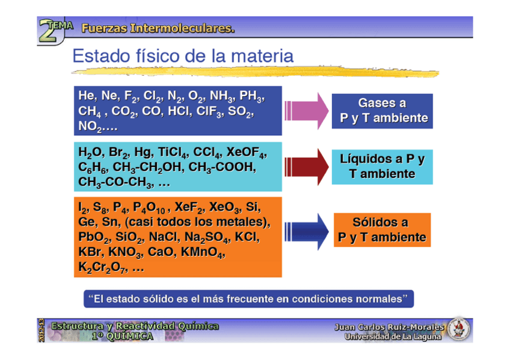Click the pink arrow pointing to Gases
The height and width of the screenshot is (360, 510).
307,110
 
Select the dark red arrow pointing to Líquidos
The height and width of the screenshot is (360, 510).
307,166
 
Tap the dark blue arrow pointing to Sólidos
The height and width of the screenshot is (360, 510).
307,230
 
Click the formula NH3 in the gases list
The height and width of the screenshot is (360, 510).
220,97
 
